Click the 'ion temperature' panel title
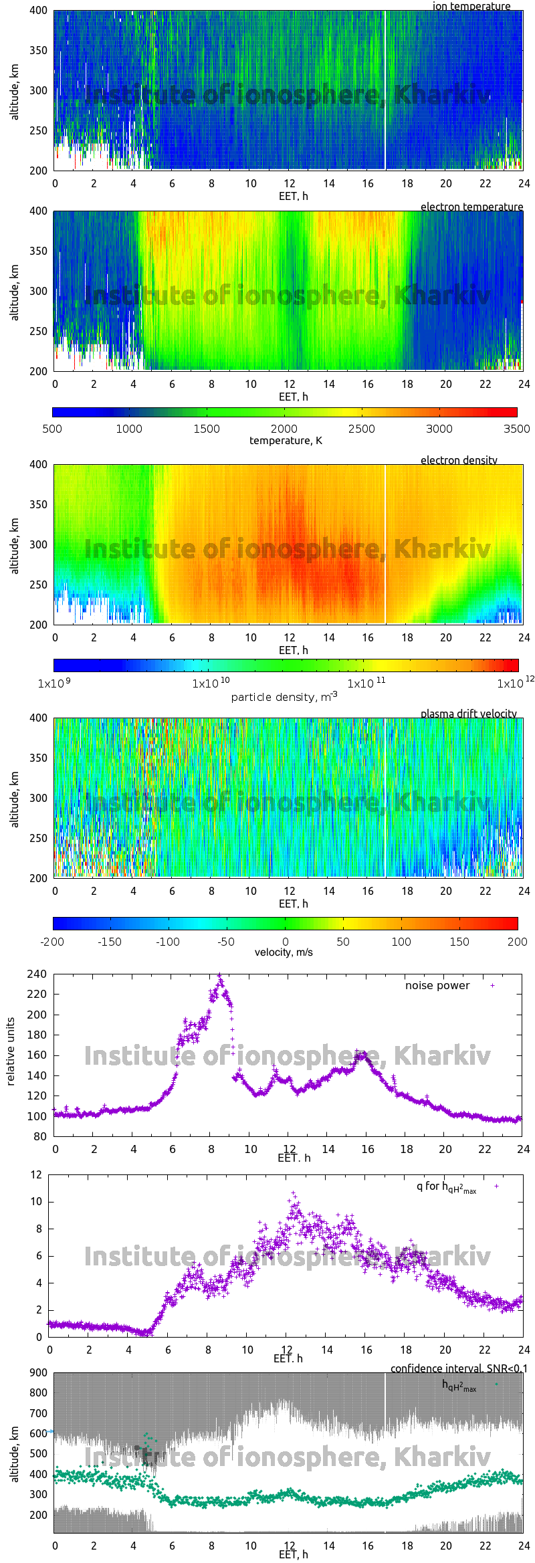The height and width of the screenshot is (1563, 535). (x=471, y=6)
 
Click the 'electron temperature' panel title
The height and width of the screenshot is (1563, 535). (x=471, y=207)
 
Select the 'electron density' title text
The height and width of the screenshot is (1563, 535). (x=459, y=460)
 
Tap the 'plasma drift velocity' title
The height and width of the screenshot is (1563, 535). (x=468, y=714)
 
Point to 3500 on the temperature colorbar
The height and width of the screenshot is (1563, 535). (x=516, y=429)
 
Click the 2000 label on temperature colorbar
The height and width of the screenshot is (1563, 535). (x=284, y=429)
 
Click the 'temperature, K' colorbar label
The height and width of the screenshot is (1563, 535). (x=286, y=441)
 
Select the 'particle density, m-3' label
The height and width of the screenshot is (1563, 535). (x=284, y=697)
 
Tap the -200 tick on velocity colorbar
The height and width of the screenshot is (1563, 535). (x=53, y=942)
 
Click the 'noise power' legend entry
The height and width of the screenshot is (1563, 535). (x=437, y=986)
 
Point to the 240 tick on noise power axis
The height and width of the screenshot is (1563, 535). (x=37, y=974)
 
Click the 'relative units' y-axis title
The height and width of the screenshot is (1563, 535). (x=11, y=1052)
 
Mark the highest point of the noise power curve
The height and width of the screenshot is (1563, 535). (x=219, y=976)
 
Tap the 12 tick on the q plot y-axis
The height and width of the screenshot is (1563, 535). (x=37, y=1174)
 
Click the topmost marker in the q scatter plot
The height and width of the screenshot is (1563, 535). (x=292, y=1192)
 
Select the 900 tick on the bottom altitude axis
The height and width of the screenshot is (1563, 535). (x=38, y=1373)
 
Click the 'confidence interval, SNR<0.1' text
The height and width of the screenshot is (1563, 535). (x=459, y=1368)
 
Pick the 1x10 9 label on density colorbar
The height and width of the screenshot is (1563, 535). (x=51, y=684)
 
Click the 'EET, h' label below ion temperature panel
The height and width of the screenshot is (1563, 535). (x=293, y=196)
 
